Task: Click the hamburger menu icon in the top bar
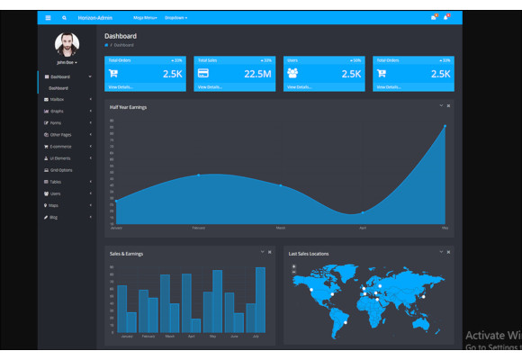[48, 17]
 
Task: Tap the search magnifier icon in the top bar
[64, 17]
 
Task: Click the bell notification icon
[435, 17]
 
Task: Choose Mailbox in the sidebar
[58, 100]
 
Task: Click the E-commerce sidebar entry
[60, 146]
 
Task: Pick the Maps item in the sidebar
[54, 205]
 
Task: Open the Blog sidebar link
[54, 217]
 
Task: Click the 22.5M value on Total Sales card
[257, 74]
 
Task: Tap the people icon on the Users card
[292, 73]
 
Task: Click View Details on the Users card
[300, 87]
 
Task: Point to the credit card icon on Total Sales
[203, 73]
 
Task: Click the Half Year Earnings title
[128, 107]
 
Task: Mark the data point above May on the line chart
[444, 127]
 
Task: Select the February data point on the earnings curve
[199, 175]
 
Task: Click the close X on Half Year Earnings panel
[448, 106]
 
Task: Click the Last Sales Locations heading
[309, 254]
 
